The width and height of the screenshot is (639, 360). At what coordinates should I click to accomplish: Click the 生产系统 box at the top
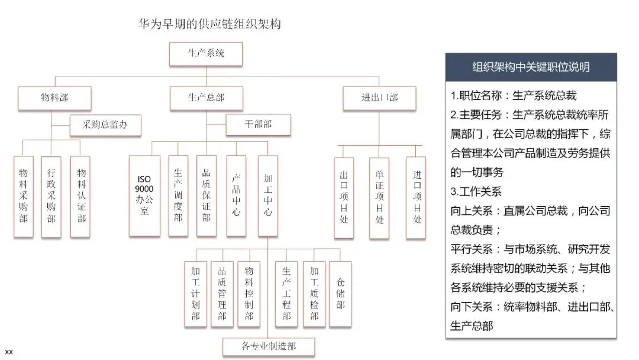click(206, 54)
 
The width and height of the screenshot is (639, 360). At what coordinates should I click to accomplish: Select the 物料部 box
click(55, 98)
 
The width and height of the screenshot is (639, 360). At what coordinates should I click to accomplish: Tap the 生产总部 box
click(206, 98)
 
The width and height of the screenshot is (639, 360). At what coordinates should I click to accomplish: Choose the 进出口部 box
click(379, 98)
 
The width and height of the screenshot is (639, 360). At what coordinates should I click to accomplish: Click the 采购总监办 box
click(105, 125)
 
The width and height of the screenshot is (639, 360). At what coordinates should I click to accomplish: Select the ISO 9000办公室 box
click(144, 196)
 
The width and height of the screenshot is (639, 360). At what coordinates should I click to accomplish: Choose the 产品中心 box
click(235, 196)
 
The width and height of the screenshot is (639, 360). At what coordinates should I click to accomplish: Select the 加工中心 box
click(267, 196)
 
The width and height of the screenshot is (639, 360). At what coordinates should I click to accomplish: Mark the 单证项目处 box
click(379, 198)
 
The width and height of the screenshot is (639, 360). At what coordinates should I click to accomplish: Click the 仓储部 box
click(340, 294)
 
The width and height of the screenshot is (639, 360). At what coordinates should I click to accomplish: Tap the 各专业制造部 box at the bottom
click(269, 347)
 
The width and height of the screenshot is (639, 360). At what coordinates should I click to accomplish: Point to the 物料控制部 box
click(248, 294)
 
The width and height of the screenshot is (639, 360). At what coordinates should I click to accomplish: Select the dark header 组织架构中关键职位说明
click(531, 67)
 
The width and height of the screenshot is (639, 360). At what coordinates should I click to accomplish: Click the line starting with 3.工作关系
click(476, 192)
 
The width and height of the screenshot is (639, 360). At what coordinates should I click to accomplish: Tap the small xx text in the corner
click(9, 352)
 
